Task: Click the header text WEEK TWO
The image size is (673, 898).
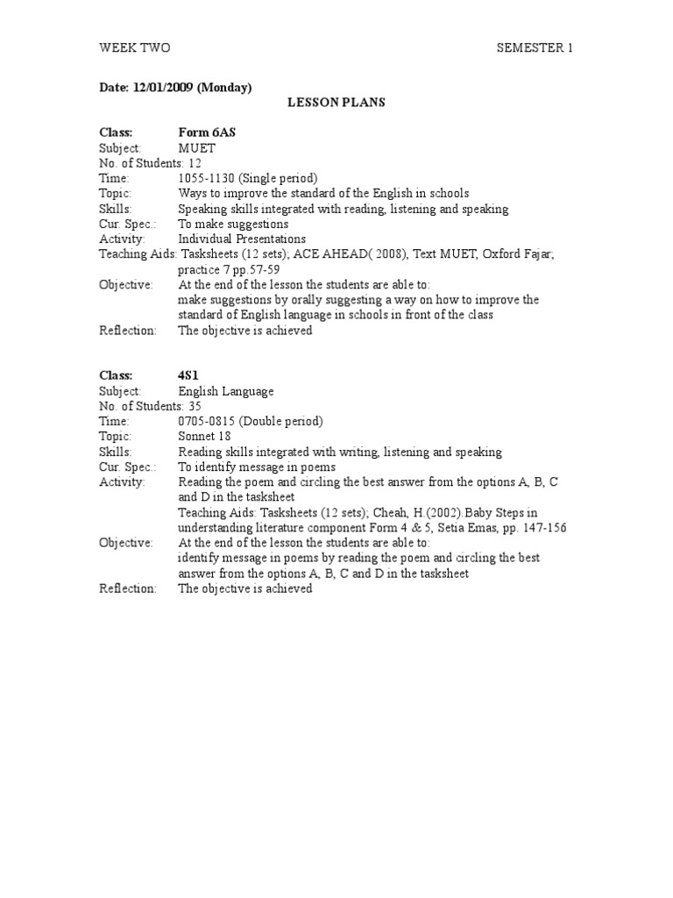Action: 134,47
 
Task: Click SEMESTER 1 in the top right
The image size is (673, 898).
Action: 534,47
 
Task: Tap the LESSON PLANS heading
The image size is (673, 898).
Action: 336,103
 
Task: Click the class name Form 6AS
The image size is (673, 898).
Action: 207,132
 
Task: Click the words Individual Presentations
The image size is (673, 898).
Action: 242,239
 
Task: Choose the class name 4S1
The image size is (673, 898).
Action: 190,375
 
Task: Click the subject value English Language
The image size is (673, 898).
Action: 226,391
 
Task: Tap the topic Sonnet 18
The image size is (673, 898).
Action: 203,436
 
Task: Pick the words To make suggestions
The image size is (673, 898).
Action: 233,224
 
